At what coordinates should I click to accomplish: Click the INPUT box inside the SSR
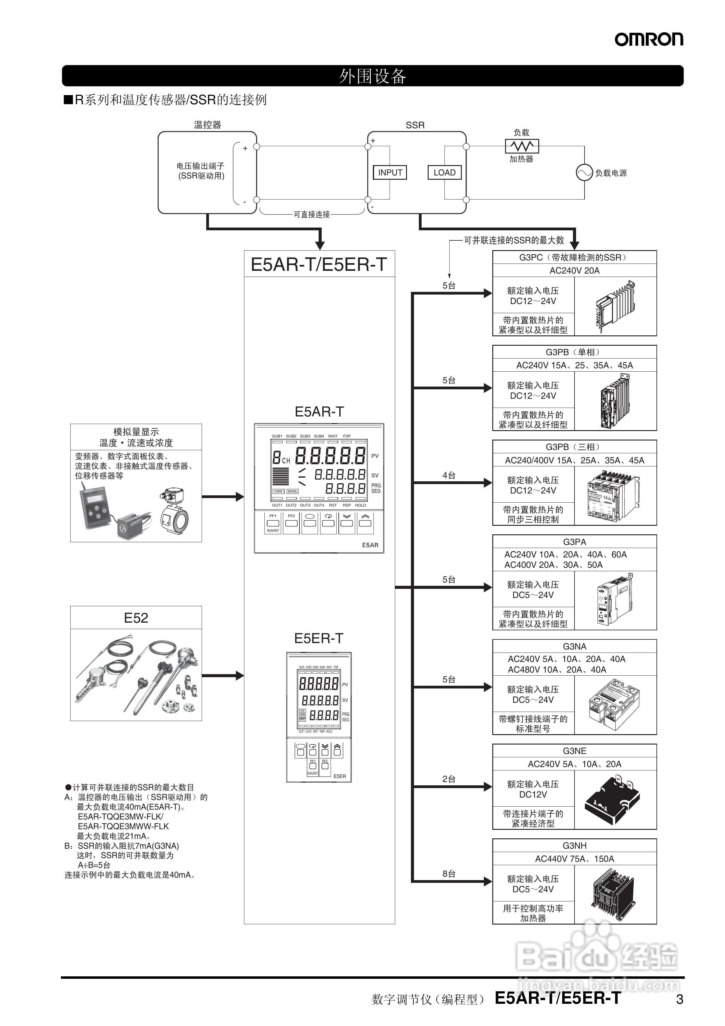point(390,172)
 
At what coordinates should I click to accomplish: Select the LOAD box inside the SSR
point(444,172)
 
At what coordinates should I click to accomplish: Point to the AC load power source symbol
point(584,172)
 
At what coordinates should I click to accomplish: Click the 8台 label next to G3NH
point(449,874)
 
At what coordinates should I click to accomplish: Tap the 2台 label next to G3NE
point(449,779)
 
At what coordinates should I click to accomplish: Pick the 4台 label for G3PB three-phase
point(449,476)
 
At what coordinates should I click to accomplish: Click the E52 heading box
point(136,618)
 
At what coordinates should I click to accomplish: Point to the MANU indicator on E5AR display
point(292,491)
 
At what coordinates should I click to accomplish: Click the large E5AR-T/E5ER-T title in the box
point(319,264)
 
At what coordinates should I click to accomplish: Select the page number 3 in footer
point(679,999)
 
